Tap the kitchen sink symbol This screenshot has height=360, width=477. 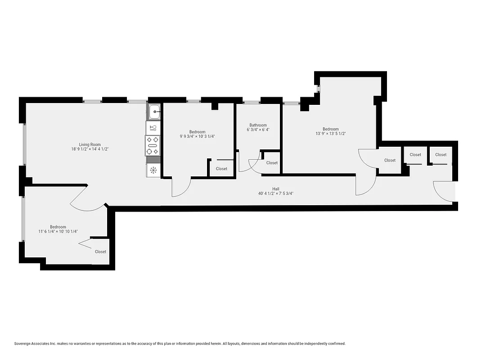154,111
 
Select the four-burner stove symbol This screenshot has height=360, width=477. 153,145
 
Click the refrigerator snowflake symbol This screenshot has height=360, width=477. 153,170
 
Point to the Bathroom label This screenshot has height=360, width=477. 258,125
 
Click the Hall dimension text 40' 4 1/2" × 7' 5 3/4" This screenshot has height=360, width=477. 276,193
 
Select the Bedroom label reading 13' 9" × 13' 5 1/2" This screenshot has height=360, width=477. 330,129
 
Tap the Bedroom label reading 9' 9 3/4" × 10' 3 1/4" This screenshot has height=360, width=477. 197,132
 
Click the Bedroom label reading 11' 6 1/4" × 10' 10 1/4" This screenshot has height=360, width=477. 58,227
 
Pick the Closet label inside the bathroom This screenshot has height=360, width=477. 272,163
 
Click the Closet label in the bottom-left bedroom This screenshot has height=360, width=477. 100,252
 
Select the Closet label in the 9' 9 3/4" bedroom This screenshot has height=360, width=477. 221,169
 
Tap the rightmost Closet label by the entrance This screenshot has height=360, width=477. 441,154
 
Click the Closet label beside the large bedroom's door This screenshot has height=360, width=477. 390,160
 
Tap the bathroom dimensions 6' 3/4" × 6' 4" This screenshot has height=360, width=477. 258,130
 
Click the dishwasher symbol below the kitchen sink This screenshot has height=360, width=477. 153,128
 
